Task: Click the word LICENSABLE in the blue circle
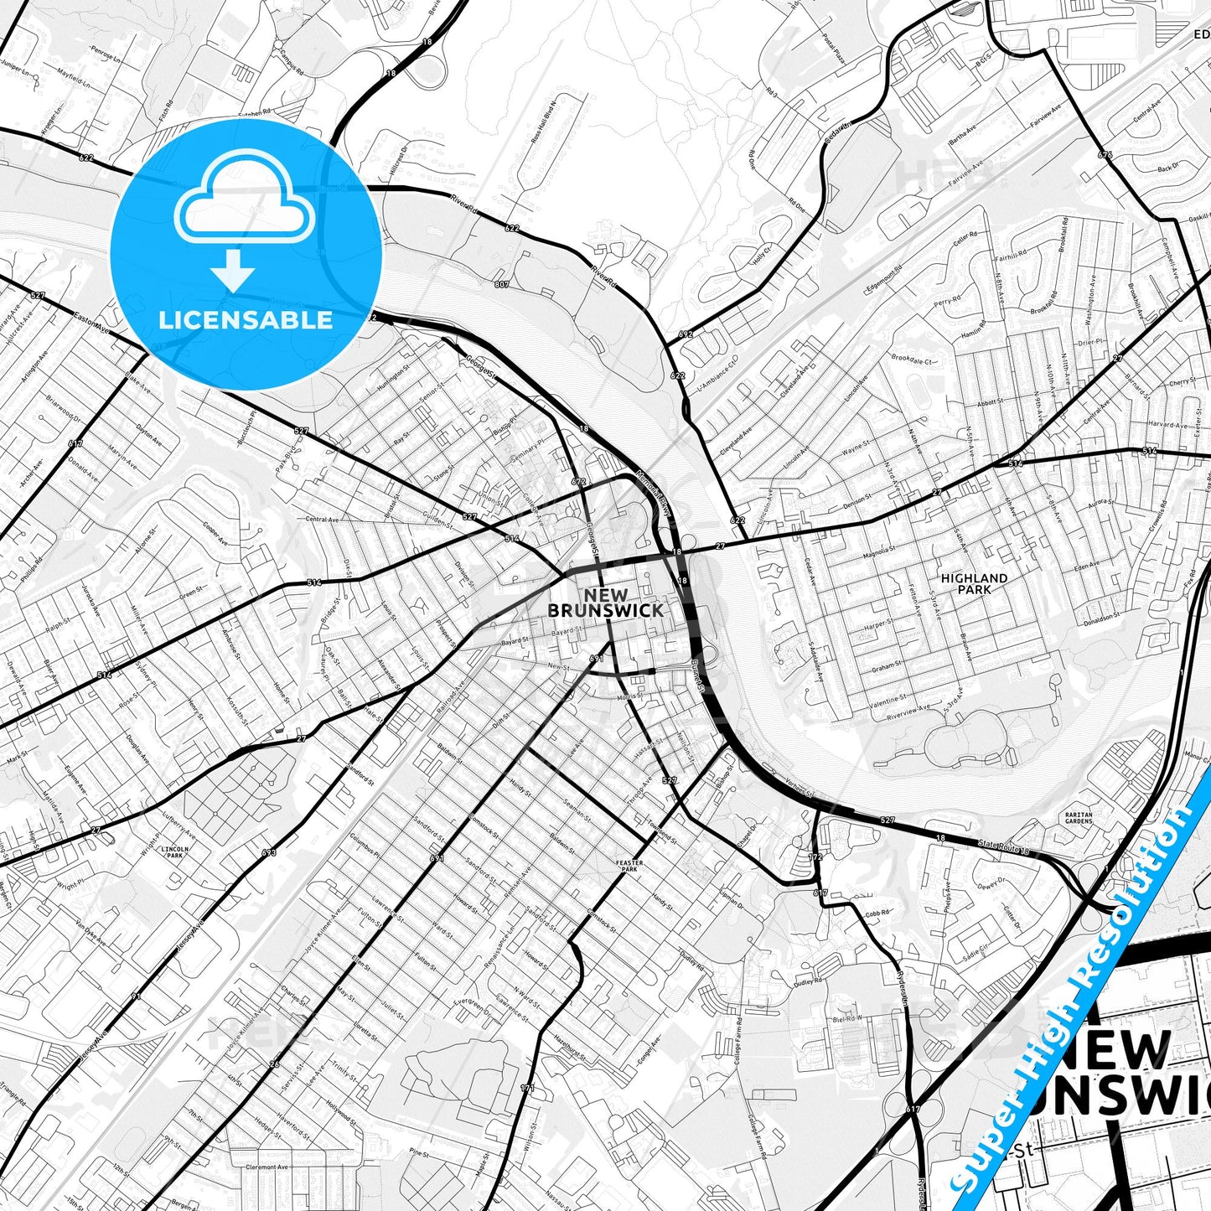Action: pyautogui.click(x=246, y=320)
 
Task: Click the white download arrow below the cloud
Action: pyautogui.click(x=233, y=270)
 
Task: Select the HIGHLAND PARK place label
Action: pyautogui.click(x=974, y=583)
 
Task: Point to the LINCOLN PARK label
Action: pyautogui.click(x=175, y=852)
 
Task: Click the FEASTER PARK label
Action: pyautogui.click(x=629, y=866)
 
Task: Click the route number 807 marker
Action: pyautogui.click(x=501, y=284)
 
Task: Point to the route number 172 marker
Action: pyautogui.click(x=816, y=856)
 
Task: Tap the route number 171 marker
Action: pyautogui.click(x=526, y=1089)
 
